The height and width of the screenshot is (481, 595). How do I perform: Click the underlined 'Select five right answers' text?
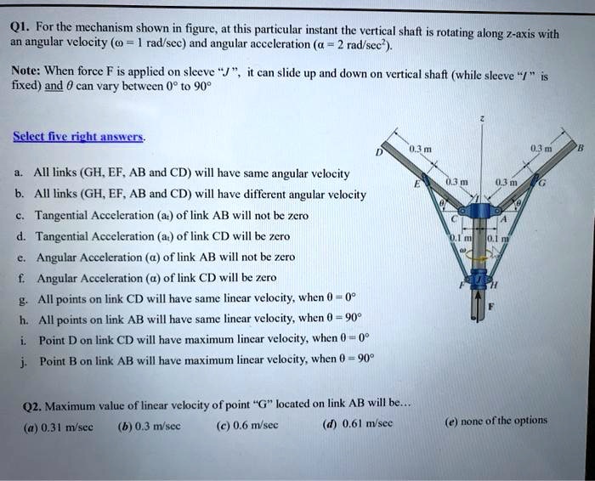tap(79, 137)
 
